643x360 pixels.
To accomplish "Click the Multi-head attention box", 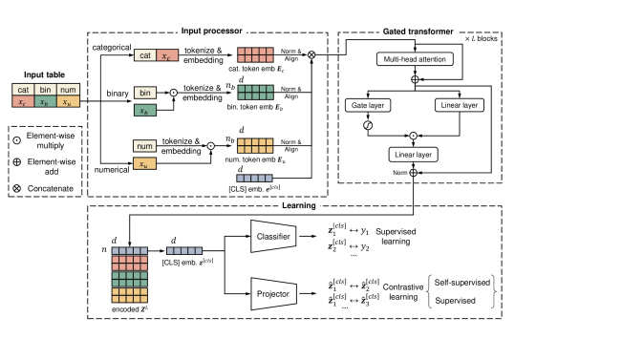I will click(x=405, y=58).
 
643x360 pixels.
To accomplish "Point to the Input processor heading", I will click(x=206, y=32).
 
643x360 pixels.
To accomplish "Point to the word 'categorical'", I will click(x=113, y=45).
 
